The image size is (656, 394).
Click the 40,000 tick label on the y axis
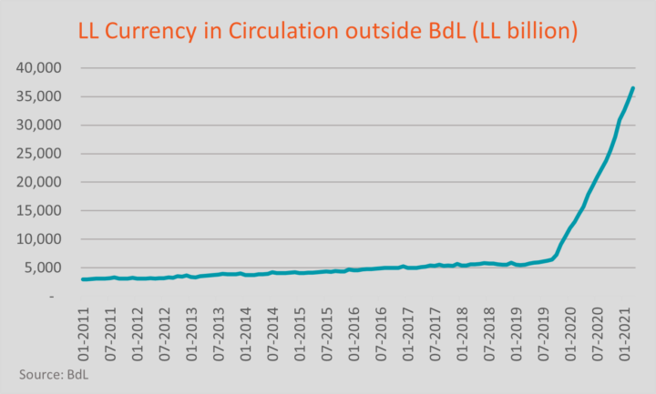36,68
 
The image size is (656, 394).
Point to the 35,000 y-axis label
36,96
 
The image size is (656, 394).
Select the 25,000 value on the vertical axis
36,154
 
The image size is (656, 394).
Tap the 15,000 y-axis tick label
36,211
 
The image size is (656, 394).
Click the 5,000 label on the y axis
40,268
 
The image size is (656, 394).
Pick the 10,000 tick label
36,239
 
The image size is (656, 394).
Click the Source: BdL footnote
55,374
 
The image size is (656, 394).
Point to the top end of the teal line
633,88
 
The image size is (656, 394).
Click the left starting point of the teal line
83,279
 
